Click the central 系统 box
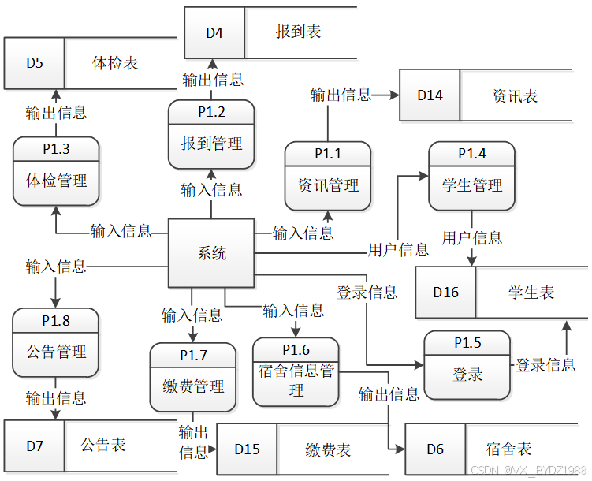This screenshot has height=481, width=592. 211,253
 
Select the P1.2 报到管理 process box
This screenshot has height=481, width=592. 211,134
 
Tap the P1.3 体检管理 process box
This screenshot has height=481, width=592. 56,171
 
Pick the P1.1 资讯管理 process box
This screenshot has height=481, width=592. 328,177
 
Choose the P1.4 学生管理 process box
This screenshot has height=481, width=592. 471,177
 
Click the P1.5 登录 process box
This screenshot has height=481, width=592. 467,365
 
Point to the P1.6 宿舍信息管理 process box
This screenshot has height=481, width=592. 296,372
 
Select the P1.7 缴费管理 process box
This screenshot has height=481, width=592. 193,377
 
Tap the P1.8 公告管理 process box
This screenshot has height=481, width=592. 55,343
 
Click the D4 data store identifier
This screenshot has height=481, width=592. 214,33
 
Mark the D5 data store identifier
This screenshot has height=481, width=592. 35,63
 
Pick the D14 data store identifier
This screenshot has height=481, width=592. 430,95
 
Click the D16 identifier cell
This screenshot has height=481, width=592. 446,293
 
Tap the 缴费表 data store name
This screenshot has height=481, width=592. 328,449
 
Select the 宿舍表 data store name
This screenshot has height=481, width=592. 508,449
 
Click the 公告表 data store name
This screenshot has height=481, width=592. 102,445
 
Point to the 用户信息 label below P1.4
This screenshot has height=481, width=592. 472,238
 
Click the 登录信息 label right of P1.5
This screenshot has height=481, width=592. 545,365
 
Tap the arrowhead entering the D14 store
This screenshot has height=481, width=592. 395,95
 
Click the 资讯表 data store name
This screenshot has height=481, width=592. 515,96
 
